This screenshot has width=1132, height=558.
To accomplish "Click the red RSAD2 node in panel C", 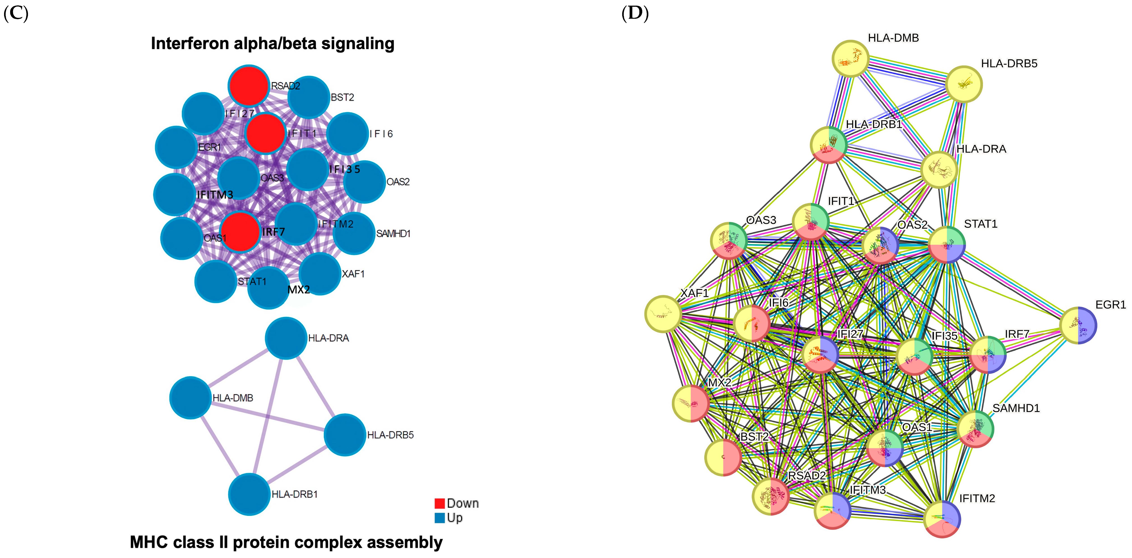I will click(x=248, y=86).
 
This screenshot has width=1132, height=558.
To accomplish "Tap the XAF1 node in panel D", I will click(x=663, y=314).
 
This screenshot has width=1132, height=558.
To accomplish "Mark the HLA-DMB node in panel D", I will click(x=851, y=58).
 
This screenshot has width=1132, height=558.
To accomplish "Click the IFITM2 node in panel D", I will click(x=942, y=519).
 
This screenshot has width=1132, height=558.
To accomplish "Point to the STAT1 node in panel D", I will click(x=947, y=245).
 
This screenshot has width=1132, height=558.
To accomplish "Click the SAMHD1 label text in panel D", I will click(x=1016, y=408).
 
